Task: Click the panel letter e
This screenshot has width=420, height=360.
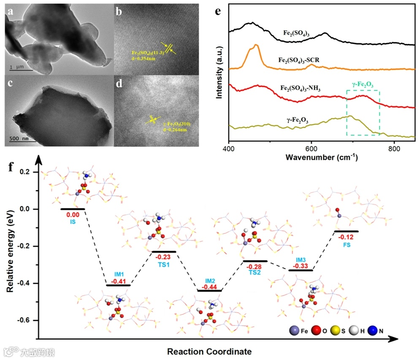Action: (218, 10)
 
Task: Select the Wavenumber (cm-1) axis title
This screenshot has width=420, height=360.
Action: (322, 158)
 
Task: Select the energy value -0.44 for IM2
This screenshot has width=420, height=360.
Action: (210, 287)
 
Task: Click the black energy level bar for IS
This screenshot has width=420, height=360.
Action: (73, 208)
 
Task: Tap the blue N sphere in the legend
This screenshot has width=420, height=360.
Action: (373, 331)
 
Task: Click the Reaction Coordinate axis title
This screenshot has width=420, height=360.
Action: (209, 351)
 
